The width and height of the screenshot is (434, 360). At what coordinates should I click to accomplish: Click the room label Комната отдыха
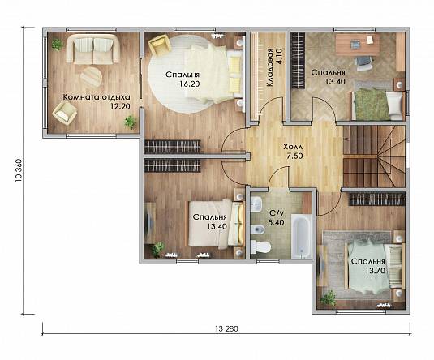[97, 97]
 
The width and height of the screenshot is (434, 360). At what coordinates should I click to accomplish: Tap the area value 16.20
[189, 84]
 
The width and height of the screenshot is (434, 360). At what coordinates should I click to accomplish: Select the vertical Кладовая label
[269, 67]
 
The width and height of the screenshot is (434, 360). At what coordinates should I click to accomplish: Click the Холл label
[293, 147]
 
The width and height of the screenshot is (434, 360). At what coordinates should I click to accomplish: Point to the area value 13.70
[375, 271]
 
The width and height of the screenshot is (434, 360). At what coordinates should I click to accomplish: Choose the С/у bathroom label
[277, 213]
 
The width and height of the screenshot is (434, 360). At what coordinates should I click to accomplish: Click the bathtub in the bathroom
[302, 237]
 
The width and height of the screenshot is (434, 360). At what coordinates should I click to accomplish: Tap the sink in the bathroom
[256, 204]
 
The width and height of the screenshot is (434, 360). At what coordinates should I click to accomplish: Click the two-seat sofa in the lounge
[93, 49]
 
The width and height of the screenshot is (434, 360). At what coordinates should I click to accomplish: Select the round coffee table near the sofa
[91, 76]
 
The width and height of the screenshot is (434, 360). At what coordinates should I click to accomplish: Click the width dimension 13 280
[226, 328]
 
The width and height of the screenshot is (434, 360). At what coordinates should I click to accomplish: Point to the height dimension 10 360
[19, 170]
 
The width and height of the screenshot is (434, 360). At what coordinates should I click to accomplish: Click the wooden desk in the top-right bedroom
[357, 44]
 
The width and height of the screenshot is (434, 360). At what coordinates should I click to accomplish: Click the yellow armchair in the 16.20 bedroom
[159, 44]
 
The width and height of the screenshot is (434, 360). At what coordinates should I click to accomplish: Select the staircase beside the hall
[374, 156]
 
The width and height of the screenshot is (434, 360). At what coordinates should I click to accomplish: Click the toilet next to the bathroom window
[260, 246]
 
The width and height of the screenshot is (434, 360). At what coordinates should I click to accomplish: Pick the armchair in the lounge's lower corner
[65, 113]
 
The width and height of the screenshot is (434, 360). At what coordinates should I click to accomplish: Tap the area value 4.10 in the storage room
[279, 57]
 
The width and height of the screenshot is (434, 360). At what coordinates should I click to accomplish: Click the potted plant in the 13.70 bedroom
[329, 299]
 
